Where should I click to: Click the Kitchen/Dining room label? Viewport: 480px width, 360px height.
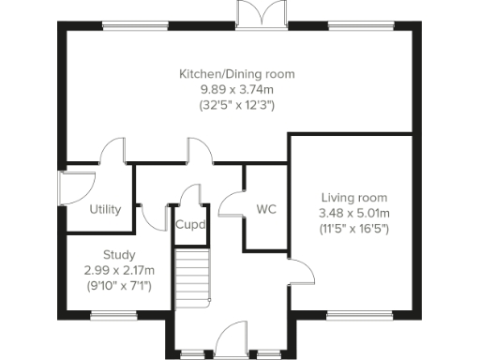click(237, 73)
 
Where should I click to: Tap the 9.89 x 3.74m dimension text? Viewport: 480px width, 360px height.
click(237, 89)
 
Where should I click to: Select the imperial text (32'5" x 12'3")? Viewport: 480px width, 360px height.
click(237, 105)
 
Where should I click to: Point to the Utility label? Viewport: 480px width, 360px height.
click(105, 209)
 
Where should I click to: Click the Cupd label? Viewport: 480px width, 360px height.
click(190, 224)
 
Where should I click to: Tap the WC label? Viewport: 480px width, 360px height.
click(265, 209)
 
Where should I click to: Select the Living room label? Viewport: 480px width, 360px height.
click(353, 198)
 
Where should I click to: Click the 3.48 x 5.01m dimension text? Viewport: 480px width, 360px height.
click(353, 214)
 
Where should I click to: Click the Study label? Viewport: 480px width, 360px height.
click(119, 254)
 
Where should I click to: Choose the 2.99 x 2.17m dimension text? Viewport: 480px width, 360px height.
click(119, 270)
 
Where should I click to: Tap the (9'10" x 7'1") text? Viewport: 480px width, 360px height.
click(119, 286)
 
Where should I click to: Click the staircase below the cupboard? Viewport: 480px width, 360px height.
click(190, 277)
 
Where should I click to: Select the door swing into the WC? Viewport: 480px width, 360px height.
click(232, 204)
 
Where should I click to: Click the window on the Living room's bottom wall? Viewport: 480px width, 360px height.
click(352, 315)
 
